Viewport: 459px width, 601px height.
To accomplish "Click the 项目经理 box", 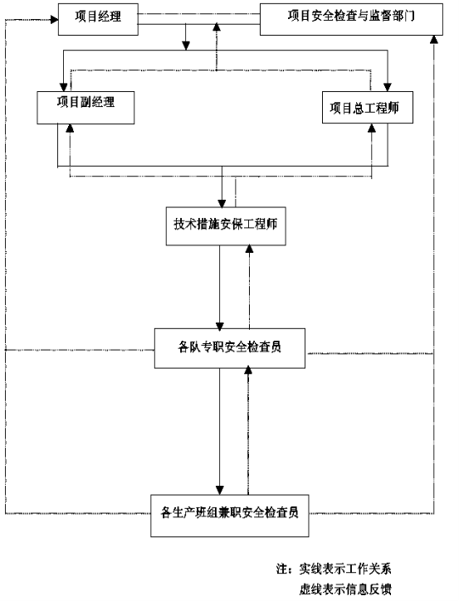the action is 98,20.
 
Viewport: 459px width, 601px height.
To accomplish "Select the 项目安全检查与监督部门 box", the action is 351,20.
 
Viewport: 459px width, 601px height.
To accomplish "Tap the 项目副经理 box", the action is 85,108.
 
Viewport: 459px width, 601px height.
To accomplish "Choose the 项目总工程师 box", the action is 368,107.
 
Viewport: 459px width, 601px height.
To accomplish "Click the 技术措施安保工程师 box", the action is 226,226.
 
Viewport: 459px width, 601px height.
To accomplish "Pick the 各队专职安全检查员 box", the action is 230,348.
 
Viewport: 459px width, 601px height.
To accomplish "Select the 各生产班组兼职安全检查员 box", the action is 229,516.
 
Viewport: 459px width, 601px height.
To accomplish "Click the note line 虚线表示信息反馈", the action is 345,589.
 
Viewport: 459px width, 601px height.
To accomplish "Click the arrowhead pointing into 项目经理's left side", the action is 55,19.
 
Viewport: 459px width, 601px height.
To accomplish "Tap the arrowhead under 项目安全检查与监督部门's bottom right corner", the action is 434,39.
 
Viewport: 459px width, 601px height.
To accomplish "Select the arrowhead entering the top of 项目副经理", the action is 63,87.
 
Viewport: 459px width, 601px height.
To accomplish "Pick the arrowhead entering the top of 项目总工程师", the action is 388,87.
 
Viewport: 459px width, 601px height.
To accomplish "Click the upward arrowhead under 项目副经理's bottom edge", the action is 70,128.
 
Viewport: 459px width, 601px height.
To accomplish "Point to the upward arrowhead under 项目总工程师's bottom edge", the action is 372,128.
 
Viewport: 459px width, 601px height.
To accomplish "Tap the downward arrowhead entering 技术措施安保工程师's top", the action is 222,204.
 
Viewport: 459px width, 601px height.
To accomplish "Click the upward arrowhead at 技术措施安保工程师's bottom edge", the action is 250,250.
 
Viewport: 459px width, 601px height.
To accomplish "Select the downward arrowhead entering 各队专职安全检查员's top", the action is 219,325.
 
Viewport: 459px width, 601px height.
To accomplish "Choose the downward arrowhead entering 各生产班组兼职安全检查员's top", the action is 219,491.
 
